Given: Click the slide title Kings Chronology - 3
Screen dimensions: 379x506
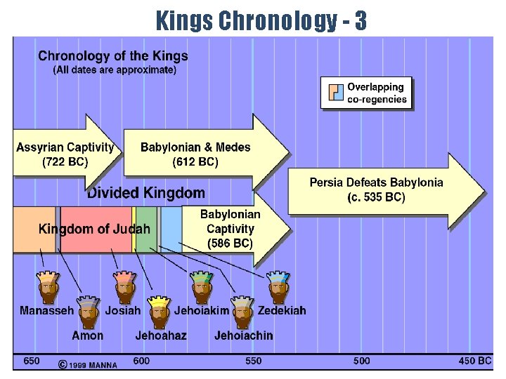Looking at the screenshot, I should (261, 21).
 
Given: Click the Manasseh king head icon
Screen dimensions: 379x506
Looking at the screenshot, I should (48, 286).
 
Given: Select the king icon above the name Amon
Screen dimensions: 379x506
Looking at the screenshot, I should (88, 312).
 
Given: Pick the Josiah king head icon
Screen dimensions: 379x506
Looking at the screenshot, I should (124, 286).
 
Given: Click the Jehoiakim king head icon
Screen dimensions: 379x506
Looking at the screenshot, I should (202, 286).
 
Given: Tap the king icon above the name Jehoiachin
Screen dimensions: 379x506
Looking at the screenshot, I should (242, 312).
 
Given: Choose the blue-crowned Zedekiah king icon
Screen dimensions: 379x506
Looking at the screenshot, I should (278, 286).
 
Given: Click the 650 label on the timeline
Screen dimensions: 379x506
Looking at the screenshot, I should (31, 361).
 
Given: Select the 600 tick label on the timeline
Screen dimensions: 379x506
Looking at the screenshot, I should (141, 361).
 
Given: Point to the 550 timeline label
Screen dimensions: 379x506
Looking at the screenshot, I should (252, 361).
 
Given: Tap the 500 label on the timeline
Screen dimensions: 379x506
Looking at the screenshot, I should (362, 361).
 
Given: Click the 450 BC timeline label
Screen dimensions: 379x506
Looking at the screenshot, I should (475, 361).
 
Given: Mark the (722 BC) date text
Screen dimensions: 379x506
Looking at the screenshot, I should (65, 161).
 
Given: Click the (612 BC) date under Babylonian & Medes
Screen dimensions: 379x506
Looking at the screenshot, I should (195, 161).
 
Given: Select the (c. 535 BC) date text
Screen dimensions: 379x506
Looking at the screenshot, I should (377, 197).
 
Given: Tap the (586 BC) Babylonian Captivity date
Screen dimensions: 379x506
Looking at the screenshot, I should (230, 244).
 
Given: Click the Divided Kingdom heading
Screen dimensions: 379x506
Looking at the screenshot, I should (146, 193).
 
